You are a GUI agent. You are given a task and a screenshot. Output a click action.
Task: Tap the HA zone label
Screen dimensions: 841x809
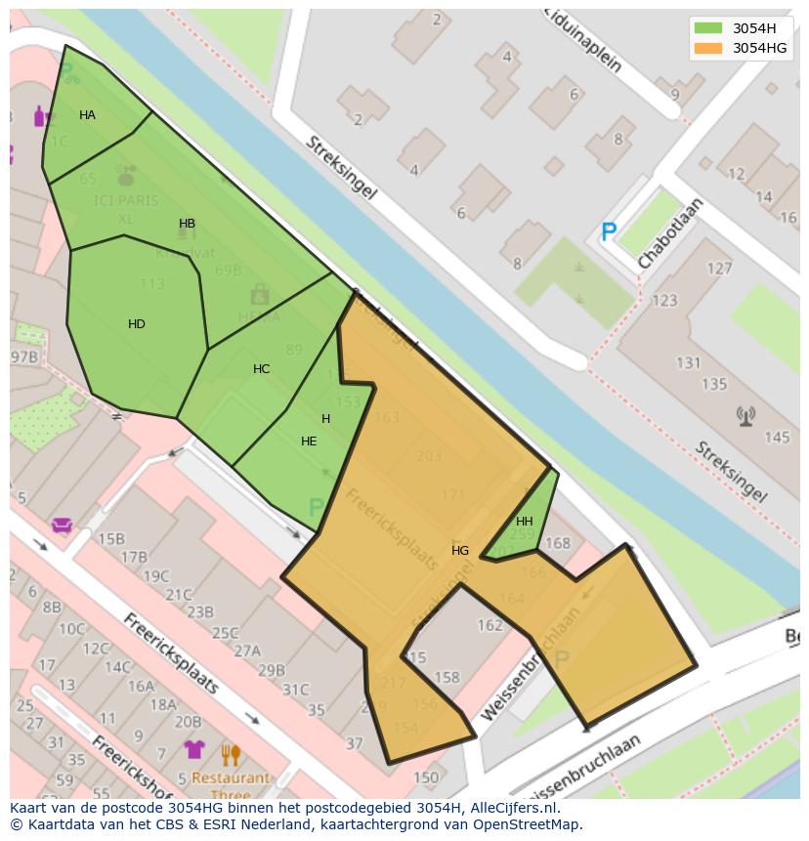click(x=87, y=115)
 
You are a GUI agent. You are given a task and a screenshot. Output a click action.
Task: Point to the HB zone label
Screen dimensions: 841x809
click(x=187, y=224)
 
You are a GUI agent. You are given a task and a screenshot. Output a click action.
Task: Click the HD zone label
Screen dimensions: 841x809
click(x=137, y=324)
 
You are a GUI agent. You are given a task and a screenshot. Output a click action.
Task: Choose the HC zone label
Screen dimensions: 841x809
click(x=261, y=369)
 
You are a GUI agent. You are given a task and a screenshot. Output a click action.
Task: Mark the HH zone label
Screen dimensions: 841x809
click(x=525, y=522)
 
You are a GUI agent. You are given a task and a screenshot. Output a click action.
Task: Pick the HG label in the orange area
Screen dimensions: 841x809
click(x=460, y=551)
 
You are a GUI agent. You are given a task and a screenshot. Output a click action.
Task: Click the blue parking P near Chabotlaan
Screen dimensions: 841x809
click(x=609, y=232)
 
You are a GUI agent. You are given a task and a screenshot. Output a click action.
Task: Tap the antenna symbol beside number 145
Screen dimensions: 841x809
click(x=745, y=417)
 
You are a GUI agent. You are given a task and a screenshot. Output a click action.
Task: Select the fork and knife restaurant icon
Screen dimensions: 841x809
click(x=231, y=754)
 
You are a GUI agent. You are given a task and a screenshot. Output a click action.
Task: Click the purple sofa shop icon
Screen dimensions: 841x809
click(x=62, y=526)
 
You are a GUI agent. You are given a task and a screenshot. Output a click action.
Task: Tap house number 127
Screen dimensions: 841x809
click(x=719, y=269)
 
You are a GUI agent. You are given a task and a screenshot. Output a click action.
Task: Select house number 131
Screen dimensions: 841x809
click(x=688, y=363)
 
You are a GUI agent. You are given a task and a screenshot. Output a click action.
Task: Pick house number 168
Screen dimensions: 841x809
click(x=557, y=544)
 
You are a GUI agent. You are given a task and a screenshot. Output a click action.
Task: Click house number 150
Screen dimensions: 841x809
click(x=425, y=778)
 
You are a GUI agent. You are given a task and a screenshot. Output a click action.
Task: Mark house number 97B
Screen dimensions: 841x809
click(x=24, y=357)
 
